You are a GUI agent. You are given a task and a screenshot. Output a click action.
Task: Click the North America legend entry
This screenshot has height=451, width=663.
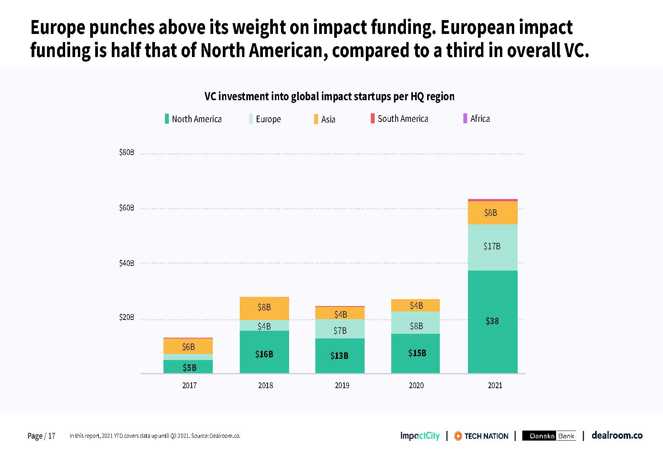(x=193, y=119)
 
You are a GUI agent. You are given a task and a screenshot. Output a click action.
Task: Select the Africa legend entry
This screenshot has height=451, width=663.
(x=476, y=118)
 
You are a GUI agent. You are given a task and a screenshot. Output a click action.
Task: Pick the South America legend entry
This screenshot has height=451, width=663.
(x=399, y=118)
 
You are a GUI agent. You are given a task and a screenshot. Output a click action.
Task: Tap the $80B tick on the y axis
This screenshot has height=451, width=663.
(x=126, y=152)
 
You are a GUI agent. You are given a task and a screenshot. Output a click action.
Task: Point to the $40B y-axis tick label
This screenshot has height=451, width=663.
(x=126, y=263)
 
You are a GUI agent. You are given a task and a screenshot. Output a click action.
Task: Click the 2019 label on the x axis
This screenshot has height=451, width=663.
(x=342, y=385)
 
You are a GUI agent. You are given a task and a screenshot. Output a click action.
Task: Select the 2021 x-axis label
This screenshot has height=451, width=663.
(x=495, y=385)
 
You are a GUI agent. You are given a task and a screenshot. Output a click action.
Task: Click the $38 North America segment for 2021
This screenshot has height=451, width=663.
(x=493, y=321)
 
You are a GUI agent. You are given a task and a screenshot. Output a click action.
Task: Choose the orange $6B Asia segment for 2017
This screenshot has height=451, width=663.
(x=188, y=346)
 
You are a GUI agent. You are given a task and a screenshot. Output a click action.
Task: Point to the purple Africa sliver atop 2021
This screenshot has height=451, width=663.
(x=493, y=200)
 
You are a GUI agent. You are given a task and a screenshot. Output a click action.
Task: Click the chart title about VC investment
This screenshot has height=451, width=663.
(x=330, y=96)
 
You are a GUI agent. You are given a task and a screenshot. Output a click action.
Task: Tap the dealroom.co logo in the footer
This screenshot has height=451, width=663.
(x=617, y=436)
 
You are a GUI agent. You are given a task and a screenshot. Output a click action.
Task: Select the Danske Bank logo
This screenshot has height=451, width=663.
(x=549, y=436)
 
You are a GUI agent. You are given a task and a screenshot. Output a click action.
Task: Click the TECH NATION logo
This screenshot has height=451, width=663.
(x=481, y=436)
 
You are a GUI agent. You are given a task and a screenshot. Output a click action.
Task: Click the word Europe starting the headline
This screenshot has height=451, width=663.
(x=58, y=28)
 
